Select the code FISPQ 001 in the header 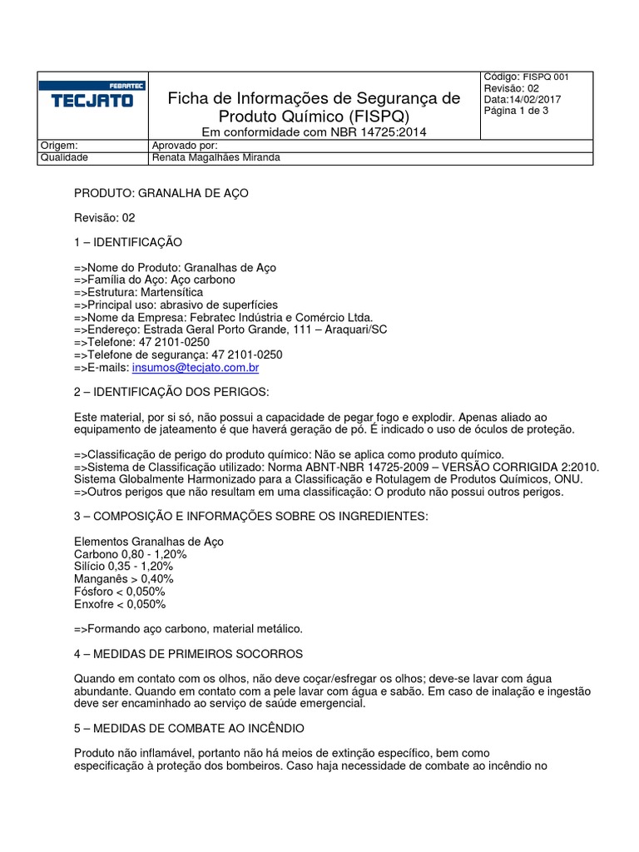pyautogui.click(x=546, y=77)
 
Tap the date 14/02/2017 pyautogui.click(x=537, y=100)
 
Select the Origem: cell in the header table pyautogui.click(x=59, y=145)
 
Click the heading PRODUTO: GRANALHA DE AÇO pyautogui.click(x=161, y=193)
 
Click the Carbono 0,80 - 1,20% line pyautogui.click(x=131, y=554)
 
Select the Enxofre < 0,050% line pyautogui.click(x=120, y=604)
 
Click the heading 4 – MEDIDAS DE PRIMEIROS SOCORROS pyautogui.click(x=189, y=654)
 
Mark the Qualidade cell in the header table pyautogui.click(x=65, y=156)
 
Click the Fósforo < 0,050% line pyautogui.click(x=120, y=592)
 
